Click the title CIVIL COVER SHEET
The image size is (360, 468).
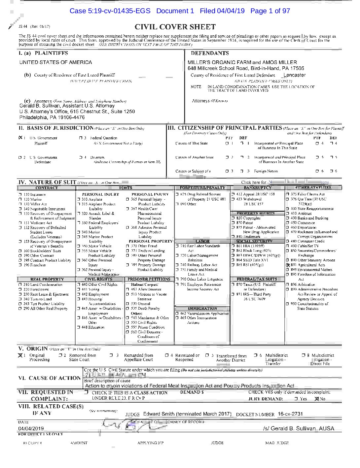tap(175, 27)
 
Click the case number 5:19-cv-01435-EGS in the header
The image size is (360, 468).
tap(110, 11)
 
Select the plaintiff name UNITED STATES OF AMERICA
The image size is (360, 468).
tap(55, 62)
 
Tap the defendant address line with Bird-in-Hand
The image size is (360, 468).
tap(246, 68)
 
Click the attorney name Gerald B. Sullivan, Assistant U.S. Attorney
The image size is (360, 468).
tap(67, 106)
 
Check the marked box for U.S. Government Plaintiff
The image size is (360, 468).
tap(20, 138)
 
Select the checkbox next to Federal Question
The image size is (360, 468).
tap(81, 138)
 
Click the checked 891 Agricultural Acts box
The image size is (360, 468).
tap(288, 265)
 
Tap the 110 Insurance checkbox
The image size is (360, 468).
tap(20, 195)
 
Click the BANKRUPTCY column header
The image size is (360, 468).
tap(257, 188)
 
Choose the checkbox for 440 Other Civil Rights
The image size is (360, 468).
tap(79, 284)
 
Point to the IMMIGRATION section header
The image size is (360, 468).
tap(202, 308)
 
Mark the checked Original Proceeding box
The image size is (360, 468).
tap(20, 355)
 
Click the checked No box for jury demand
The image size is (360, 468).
tap(317, 399)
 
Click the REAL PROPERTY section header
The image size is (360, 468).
tap(47, 279)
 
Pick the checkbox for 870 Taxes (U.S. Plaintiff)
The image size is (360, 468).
tap(233, 284)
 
